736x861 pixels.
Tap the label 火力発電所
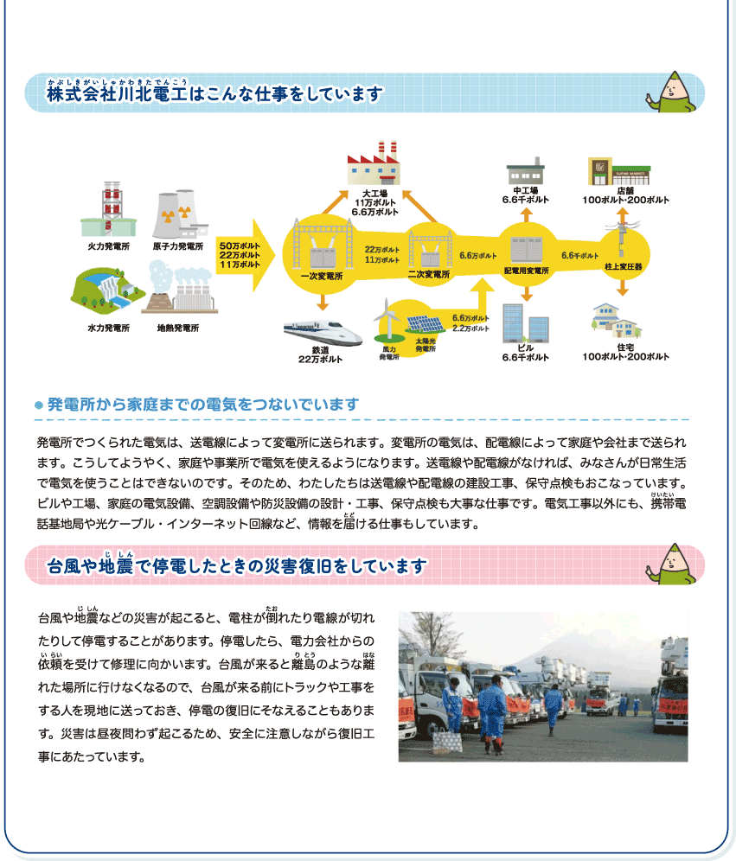coord(108,246)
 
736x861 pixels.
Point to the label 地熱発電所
coord(178,328)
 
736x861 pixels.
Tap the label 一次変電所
coord(321,277)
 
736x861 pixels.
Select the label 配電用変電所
coord(527,271)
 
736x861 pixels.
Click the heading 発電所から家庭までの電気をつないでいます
coord(203,405)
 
